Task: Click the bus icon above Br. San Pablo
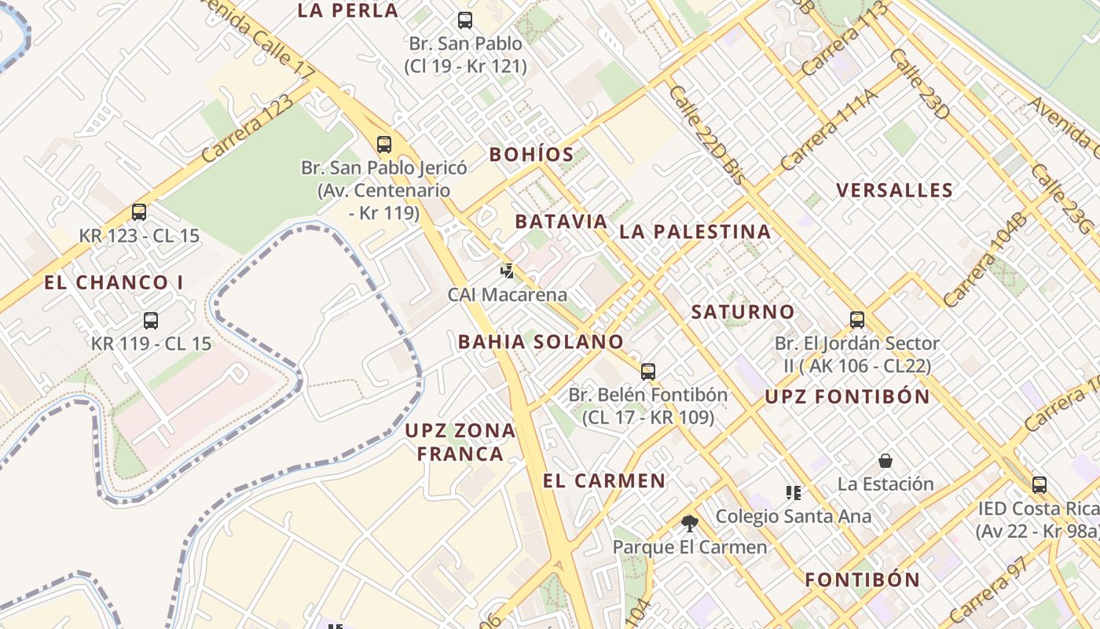(x=465, y=20)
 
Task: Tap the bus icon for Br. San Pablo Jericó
(x=384, y=144)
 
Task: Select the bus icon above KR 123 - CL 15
(x=139, y=212)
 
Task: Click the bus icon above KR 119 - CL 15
(x=151, y=320)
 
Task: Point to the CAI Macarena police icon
(x=508, y=271)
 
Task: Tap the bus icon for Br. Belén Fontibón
(x=648, y=371)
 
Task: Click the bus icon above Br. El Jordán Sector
(x=857, y=319)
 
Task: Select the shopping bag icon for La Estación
(x=885, y=460)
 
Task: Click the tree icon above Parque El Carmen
(x=690, y=523)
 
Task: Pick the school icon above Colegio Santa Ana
(x=794, y=493)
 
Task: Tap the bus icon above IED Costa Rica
(x=1039, y=484)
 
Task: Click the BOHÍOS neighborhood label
(x=532, y=154)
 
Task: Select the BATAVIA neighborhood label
(x=561, y=222)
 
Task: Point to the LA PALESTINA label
(x=695, y=231)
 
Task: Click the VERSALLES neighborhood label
(x=894, y=190)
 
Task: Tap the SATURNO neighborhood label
(x=742, y=312)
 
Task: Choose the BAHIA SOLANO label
(x=541, y=342)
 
